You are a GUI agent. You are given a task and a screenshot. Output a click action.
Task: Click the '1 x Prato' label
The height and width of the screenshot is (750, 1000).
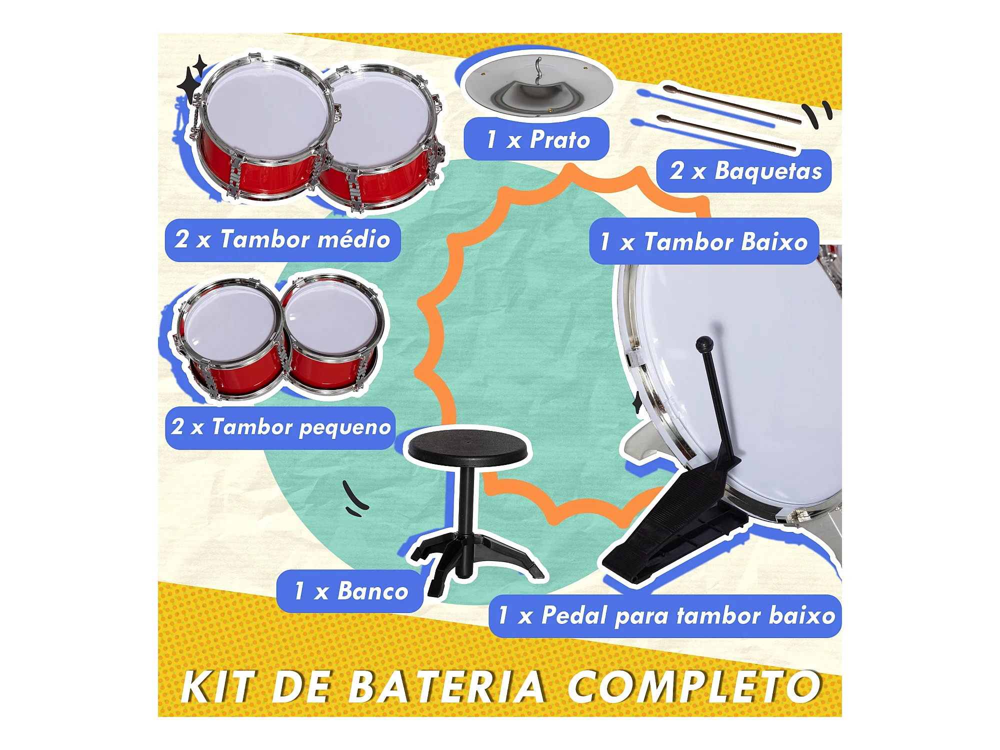click(536, 139)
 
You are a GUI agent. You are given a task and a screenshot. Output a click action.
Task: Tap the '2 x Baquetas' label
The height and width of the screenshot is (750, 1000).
click(744, 171)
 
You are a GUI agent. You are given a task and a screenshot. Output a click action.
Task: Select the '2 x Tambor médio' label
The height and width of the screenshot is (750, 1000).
click(282, 240)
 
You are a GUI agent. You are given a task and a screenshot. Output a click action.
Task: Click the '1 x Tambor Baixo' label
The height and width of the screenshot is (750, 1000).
click(704, 241)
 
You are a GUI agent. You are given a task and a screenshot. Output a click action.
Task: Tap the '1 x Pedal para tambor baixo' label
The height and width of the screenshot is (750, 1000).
click(665, 616)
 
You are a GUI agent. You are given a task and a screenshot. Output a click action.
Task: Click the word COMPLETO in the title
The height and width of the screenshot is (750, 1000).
click(695, 686)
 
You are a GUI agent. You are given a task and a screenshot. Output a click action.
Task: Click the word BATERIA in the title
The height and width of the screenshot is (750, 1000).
click(446, 686)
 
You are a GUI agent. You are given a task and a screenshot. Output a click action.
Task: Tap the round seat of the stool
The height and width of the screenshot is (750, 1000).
click(467, 446)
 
